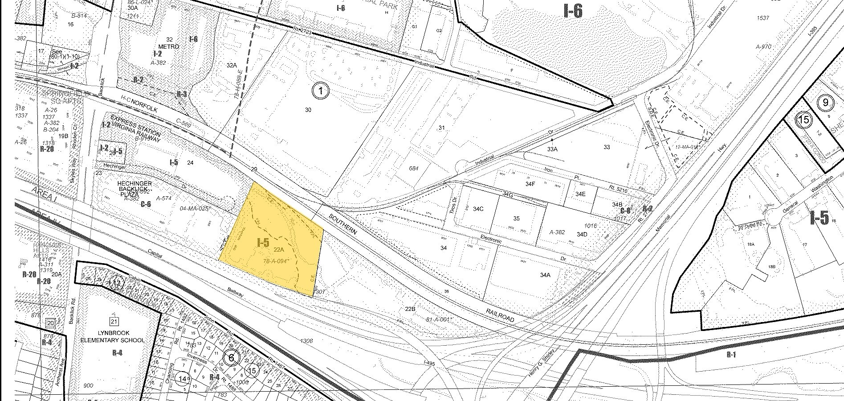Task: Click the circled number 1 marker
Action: tap(320, 91)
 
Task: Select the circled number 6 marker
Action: tap(231, 358)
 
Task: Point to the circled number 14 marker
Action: tap(182, 379)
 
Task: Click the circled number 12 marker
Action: tap(116, 284)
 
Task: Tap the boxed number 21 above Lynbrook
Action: tap(114, 322)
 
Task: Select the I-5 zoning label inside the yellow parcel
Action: tap(263, 243)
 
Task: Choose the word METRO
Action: tap(168, 46)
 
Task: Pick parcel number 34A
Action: tap(545, 275)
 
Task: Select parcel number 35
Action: tap(516, 219)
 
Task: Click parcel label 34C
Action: tap(478, 209)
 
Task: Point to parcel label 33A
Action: tap(552, 149)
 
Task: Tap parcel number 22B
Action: tap(410, 308)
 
